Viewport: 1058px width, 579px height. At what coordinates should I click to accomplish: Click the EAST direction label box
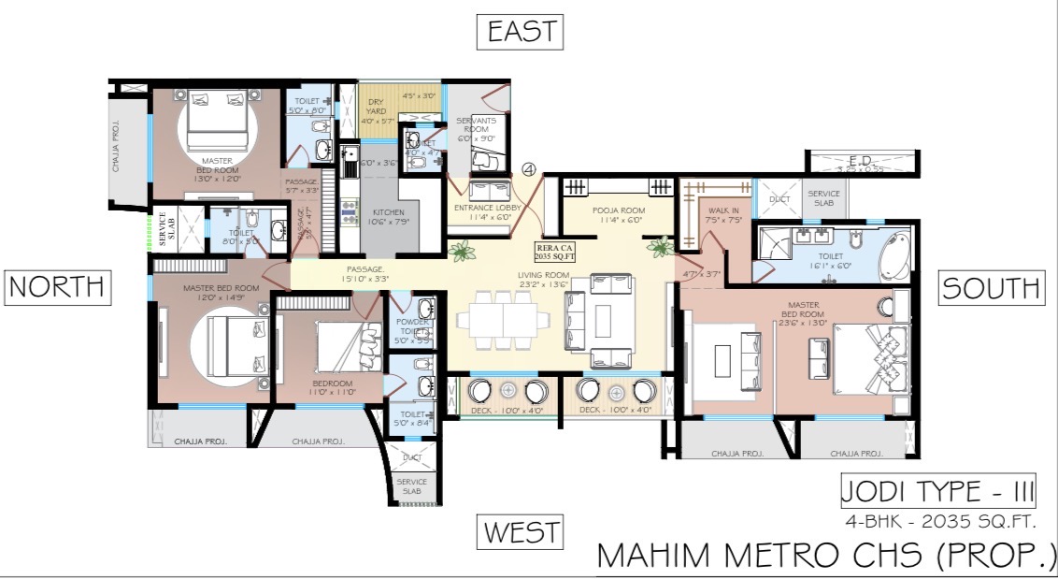[x=522, y=32]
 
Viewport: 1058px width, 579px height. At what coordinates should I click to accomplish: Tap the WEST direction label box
[x=522, y=532]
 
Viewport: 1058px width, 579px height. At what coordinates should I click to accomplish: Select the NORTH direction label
[x=59, y=287]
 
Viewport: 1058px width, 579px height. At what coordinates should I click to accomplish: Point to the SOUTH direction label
[x=990, y=287]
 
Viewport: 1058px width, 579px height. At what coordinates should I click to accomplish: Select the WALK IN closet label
[x=724, y=216]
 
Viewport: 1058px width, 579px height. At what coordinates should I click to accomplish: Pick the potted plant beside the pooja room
[x=662, y=247]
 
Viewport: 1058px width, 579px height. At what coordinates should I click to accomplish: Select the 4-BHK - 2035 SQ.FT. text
[x=951, y=522]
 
